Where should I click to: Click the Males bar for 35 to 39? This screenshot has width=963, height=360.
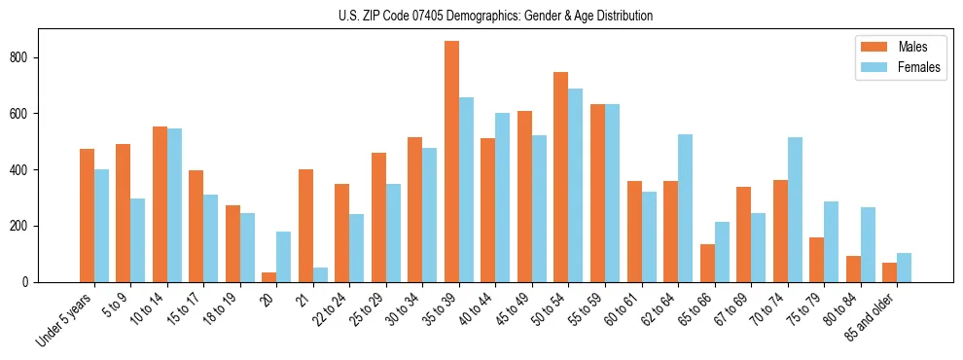point(451,162)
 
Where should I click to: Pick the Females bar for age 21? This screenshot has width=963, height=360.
point(320,275)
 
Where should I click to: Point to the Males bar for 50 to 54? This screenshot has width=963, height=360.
point(561,177)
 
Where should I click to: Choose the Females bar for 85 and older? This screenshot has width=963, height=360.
point(904,268)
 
